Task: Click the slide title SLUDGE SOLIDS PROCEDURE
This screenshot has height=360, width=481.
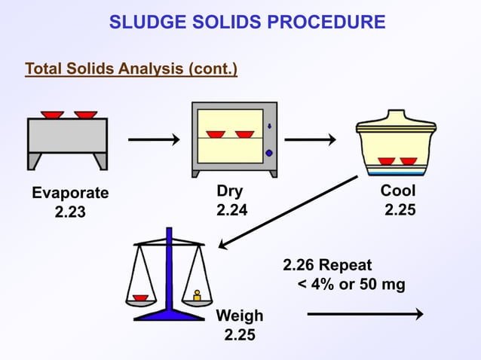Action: coord(247,22)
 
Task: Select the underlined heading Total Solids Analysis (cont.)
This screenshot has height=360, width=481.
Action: coord(131,70)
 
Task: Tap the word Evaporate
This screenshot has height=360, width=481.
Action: coord(70,193)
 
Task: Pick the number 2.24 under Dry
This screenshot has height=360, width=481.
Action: coord(231,210)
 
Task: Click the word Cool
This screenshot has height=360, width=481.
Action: coord(398,191)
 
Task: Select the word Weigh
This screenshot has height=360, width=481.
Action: coord(240,316)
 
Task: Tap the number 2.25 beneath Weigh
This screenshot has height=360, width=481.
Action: coord(240,334)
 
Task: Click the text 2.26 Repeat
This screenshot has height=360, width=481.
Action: coord(327,266)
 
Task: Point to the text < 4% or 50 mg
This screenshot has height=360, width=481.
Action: coord(351,285)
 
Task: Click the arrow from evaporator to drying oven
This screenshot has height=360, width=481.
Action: coord(153,139)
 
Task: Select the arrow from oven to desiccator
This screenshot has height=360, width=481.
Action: coord(309,139)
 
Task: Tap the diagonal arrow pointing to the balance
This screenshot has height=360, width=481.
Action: coord(286,212)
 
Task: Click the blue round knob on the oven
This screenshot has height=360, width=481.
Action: coord(269,154)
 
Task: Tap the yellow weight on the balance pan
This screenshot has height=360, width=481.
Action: coord(197,295)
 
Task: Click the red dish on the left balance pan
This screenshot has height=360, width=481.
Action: coord(140,297)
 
